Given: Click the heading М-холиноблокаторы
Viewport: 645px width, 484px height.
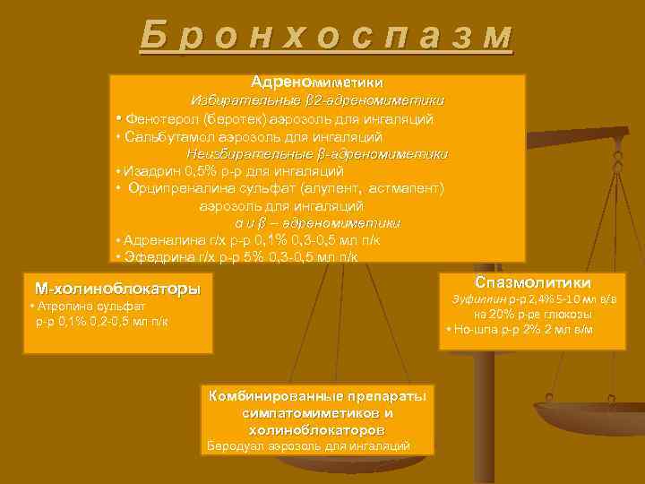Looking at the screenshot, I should [x=117, y=290].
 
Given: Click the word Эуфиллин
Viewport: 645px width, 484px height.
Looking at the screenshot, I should [x=479, y=298].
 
